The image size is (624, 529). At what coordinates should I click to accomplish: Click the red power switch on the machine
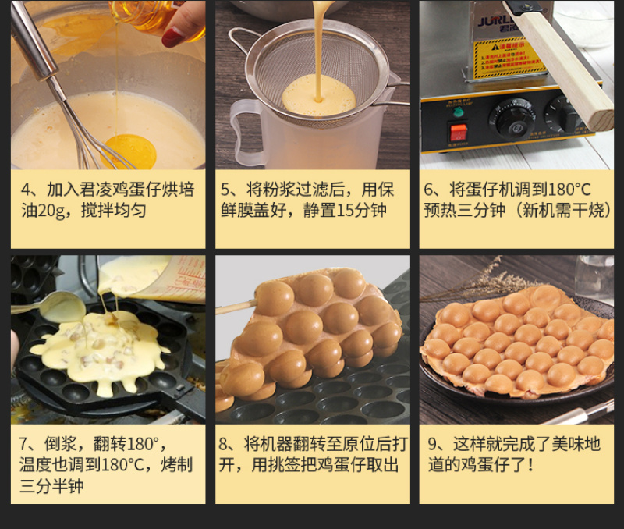click(x=458, y=132)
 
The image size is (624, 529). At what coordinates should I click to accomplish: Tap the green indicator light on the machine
click(x=458, y=112)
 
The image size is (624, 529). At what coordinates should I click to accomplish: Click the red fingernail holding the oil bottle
click(x=172, y=37)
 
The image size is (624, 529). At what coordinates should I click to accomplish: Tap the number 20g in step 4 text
click(x=51, y=210)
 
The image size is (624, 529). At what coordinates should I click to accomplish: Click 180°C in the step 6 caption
click(x=569, y=190)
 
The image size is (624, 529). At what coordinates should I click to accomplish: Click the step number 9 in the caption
click(x=433, y=444)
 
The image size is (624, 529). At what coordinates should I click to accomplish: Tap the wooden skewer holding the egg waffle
click(x=236, y=307)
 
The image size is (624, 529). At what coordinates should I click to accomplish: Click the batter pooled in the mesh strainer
click(x=319, y=94)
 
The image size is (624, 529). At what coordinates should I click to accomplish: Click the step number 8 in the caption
click(x=223, y=444)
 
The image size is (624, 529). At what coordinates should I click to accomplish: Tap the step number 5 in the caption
click(x=225, y=190)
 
